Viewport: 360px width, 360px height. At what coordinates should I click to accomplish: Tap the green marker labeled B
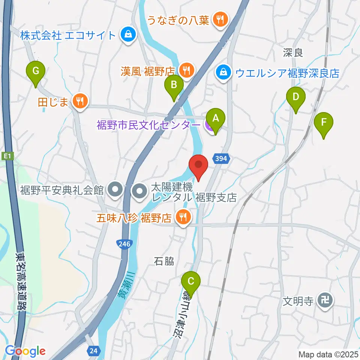(174, 85)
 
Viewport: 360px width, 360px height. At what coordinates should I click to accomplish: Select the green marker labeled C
(191, 281)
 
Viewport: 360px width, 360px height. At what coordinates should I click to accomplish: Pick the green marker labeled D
(295, 97)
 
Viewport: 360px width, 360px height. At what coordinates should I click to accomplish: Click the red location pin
(198, 165)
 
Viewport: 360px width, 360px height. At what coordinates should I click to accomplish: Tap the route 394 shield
(221, 159)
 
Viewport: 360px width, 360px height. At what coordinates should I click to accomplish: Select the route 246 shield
(124, 244)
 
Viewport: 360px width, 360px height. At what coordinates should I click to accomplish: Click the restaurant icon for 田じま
(79, 101)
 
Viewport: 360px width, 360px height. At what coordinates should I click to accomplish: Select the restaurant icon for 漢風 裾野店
(185, 70)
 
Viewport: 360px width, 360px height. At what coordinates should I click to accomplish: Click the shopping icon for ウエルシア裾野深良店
(223, 72)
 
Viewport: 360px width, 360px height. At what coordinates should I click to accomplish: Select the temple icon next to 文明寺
(323, 300)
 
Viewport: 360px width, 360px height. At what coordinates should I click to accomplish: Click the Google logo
(25, 351)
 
